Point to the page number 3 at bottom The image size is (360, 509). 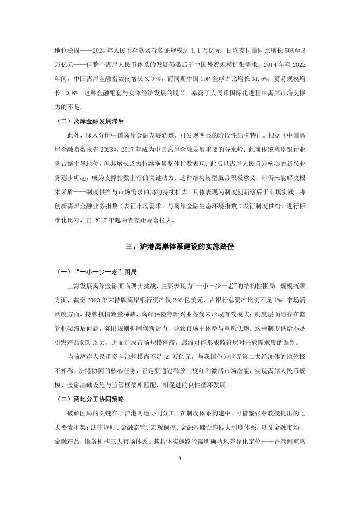pyautogui.click(x=179, y=474)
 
